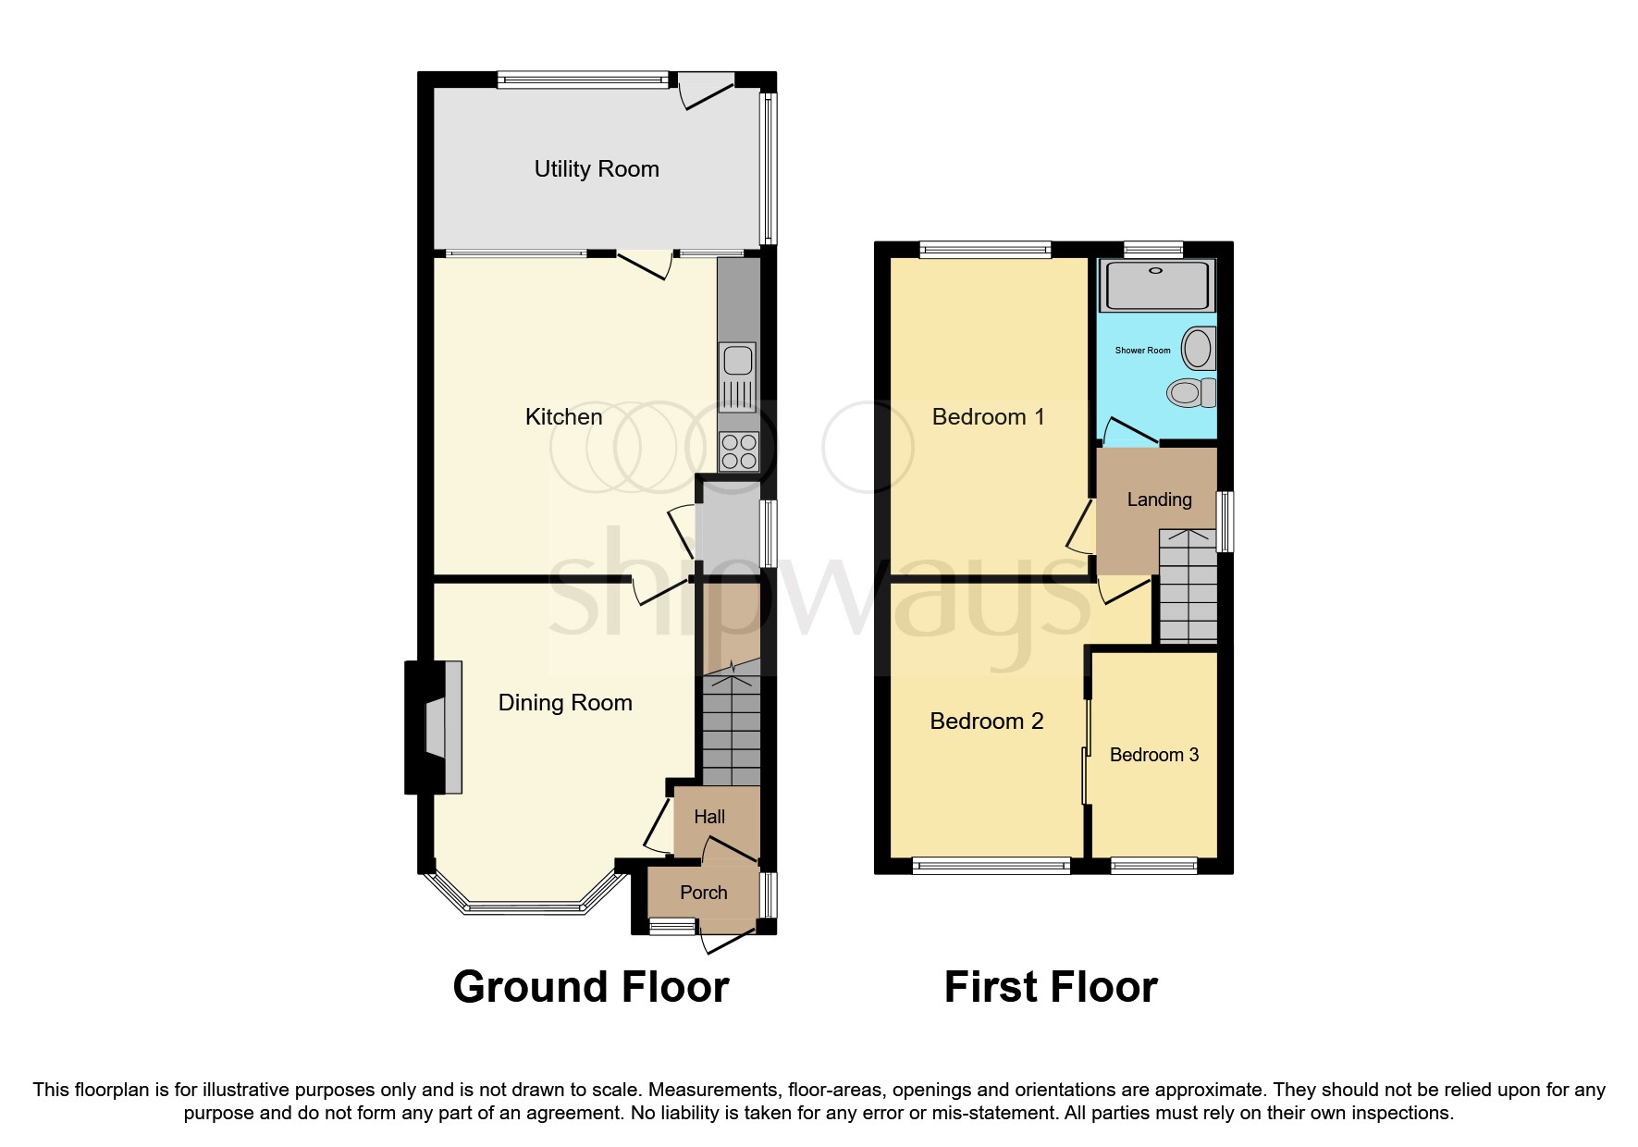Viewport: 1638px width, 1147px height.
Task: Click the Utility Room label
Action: pyautogui.click(x=597, y=169)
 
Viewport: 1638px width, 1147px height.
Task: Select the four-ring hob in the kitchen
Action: pyautogui.click(x=738, y=452)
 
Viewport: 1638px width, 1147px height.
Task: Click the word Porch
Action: pyautogui.click(x=703, y=893)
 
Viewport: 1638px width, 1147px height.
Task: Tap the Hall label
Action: pyautogui.click(x=709, y=817)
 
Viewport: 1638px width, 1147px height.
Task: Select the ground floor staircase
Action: pyautogui.click(x=731, y=731)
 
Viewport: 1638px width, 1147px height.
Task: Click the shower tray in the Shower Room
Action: pyautogui.click(x=1155, y=285)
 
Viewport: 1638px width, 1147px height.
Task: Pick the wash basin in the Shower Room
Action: pyautogui.click(x=1199, y=350)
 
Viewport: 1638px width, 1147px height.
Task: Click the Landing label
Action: pyautogui.click(x=1159, y=499)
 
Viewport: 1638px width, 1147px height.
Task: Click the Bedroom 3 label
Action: pyautogui.click(x=1153, y=755)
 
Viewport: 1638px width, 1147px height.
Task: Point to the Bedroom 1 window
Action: pyautogui.click(x=985, y=248)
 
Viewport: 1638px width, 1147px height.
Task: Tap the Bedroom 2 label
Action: pyautogui.click(x=986, y=721)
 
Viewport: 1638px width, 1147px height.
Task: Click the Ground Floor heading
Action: pyautogui.click(x=590, y=987)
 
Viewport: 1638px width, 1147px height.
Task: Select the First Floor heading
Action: pyautogui.click(x=1050, y=987)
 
